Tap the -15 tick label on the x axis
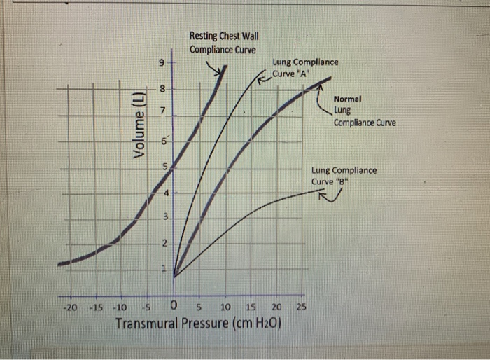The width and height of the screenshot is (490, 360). pyautogui.click(x=97, y=308)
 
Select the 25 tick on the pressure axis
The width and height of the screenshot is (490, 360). pyautogui.click(x=302, y=307)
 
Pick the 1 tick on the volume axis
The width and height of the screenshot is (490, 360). pyautogui.click(x=162, y=269)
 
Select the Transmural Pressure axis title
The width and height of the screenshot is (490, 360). pyautogui.click(x=198, y=324)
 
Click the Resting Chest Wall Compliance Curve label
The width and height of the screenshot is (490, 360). pyautogui.click(x=223, y=43)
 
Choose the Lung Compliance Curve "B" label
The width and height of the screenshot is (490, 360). pyautogui.click(x=344, y=176)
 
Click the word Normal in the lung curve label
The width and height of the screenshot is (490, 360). pyautogui.click(x=347, y=99)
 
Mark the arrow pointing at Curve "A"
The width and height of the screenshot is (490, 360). pyautogui.click(x=264, y=79)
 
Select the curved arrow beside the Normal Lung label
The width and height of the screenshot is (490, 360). pyautogui.click(x=323, y=104)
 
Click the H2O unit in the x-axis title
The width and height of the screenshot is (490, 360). pyautogui.click(x=267, y=324)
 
